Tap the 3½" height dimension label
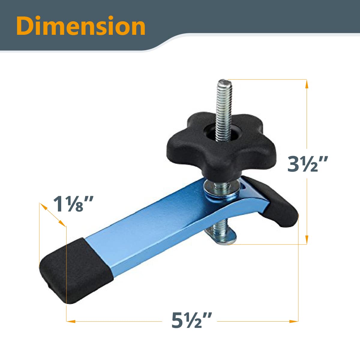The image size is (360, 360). (x=306, y=164)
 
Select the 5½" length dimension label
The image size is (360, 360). (x=192, y=321)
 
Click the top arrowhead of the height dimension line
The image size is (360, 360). (x=307, y=84)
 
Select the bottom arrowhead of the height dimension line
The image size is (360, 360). (x=307, y=240)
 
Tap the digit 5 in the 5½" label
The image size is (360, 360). (x=178, y=321)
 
